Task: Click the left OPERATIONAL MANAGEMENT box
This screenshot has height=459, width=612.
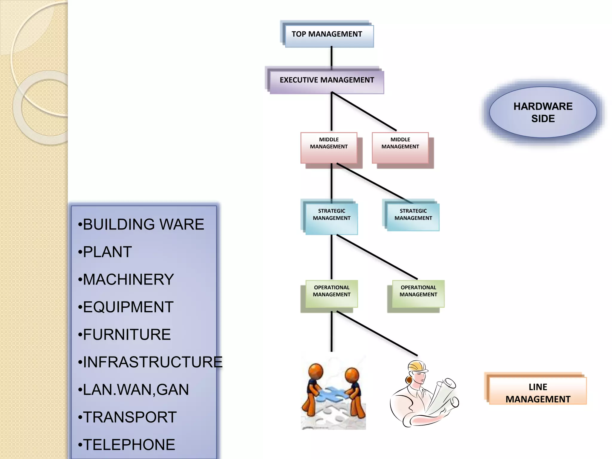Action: click(x=331, y=293)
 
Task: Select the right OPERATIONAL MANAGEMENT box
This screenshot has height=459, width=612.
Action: click(x=418, y=293)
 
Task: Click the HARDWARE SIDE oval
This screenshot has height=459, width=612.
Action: click(x=543, y=112)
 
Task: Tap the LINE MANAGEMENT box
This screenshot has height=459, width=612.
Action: click(x=538, y=391)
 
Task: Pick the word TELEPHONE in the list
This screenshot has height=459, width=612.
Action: click(x=129, y=445)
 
